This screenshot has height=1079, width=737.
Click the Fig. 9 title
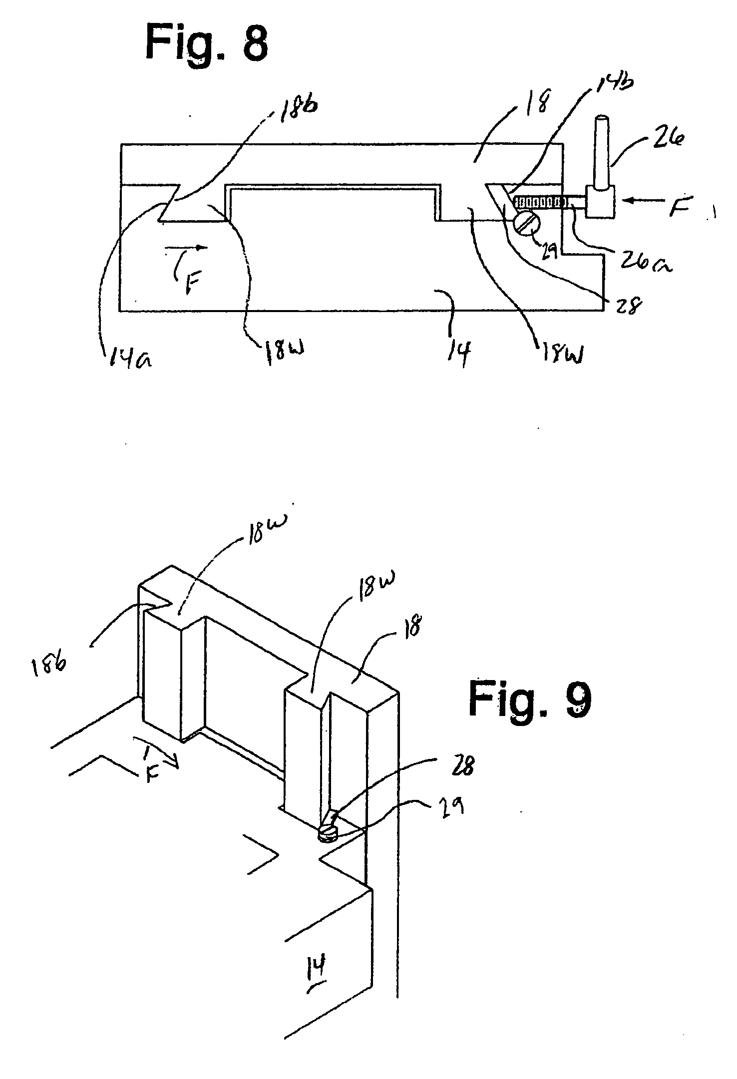click(x=530, y=700)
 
